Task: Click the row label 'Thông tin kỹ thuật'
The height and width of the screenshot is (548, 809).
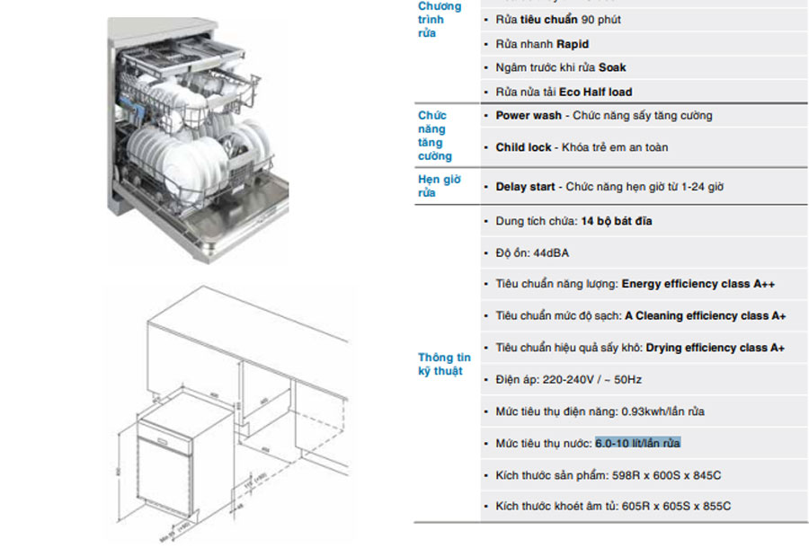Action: pos(443,364)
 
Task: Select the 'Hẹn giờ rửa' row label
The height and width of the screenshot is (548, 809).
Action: pos(439,186)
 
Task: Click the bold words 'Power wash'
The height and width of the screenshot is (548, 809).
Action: pos(529,116)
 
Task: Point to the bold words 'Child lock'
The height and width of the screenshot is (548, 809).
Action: pos(523,147)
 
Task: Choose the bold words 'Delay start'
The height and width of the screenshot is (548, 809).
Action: pos(526,187)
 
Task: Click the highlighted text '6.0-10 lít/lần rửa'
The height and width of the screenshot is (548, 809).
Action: pos(637,444)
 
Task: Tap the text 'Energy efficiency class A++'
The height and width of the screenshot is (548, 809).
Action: pos(698,284)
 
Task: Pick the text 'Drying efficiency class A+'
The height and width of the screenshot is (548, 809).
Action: pos(715,348)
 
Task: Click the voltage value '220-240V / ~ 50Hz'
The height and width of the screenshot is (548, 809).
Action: pos(592,380)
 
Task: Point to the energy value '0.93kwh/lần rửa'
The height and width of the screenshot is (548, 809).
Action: pos(662,411)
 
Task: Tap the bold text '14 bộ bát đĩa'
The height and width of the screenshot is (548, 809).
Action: pos(617,221)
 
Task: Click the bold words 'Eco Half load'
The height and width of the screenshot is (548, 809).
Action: pos(595,92)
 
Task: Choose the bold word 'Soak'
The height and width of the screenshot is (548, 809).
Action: pos(612,67)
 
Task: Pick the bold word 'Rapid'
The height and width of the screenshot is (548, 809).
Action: pos(573,44)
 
